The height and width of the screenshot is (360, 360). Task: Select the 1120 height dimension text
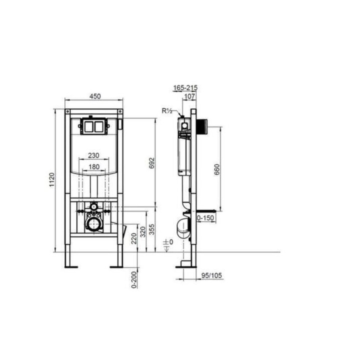coord(52,180)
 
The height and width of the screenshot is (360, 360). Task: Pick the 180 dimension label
coord(93,166)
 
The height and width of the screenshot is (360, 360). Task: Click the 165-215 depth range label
coord(185,87)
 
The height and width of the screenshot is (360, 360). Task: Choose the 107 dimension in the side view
coord(189,96)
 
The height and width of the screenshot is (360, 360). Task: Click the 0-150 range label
coord(206,218)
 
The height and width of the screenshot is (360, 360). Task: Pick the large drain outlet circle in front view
coord(93,223)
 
